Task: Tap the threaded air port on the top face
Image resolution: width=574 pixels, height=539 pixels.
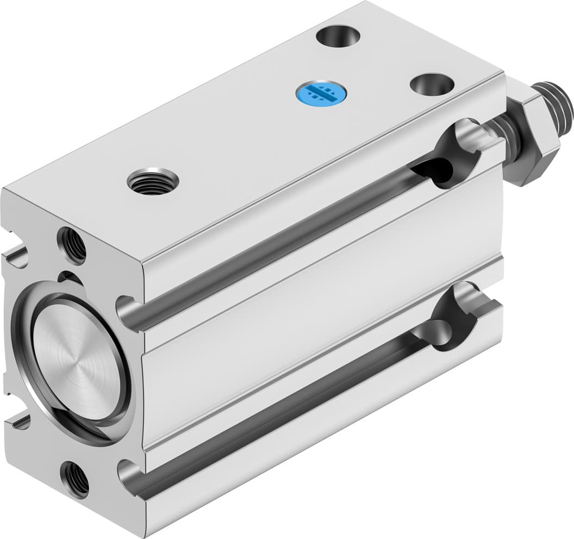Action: pos(153,182)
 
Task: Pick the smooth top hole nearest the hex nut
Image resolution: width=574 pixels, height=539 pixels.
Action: pos(432,84)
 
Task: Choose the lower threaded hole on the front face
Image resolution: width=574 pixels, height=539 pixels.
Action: pos(75,479)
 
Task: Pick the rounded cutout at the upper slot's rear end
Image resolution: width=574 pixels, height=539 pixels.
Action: pos(456,152)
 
